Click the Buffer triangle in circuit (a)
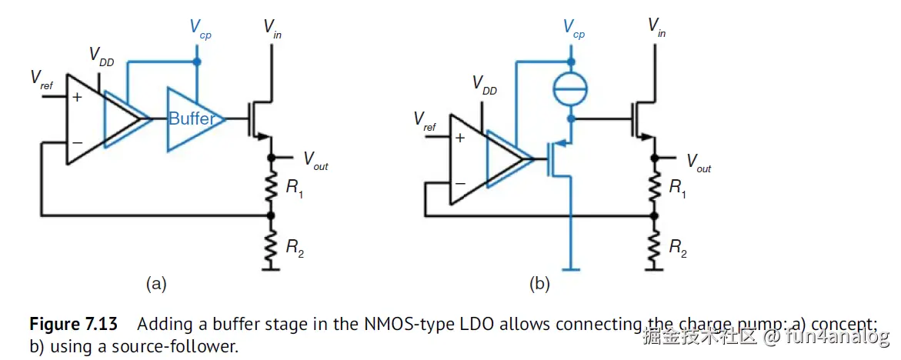point(192,119)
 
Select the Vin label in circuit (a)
point(272,28)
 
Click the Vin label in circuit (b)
point(656,28)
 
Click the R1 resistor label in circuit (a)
point(294,188)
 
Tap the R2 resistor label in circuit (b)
point(677,248)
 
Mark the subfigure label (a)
point(156,284)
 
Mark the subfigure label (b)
point(539,284)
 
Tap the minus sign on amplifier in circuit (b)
point(459,183)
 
